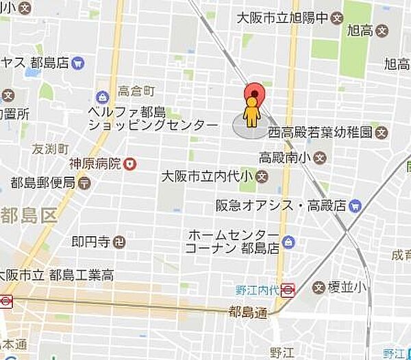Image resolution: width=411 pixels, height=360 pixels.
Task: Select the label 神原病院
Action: coord(95,164)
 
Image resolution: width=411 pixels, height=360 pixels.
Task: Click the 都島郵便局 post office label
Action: coord(42,182)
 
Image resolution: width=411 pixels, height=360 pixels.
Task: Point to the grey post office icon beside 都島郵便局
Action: coord(84,182)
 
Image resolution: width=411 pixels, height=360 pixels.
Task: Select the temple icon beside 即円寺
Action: coord(120,241)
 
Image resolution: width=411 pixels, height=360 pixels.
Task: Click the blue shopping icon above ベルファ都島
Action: coord(103,97)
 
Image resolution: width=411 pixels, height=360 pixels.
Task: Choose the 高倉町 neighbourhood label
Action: coord(137,90)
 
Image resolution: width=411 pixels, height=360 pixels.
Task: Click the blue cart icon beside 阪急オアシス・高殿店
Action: coord(354,205)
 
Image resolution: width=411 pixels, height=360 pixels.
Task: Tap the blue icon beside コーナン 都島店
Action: coord(288,242)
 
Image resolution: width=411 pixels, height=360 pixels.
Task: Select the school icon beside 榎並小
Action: coord(317,287)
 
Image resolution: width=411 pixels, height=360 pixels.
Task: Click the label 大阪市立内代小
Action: coord(208,177)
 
